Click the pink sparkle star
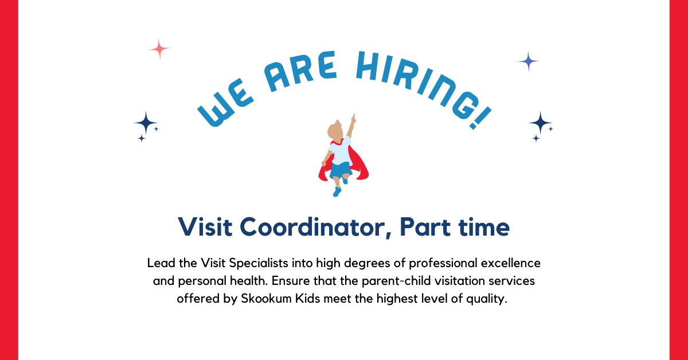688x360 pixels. click(159, 49)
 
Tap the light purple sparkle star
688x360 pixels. click(528, 61)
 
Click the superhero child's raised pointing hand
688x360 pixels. click(353, 118)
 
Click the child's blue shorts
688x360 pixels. click(339, 170)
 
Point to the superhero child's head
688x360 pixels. click(335, 132)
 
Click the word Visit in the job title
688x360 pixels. click(205, 228)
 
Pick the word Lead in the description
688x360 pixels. click(159, 264)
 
